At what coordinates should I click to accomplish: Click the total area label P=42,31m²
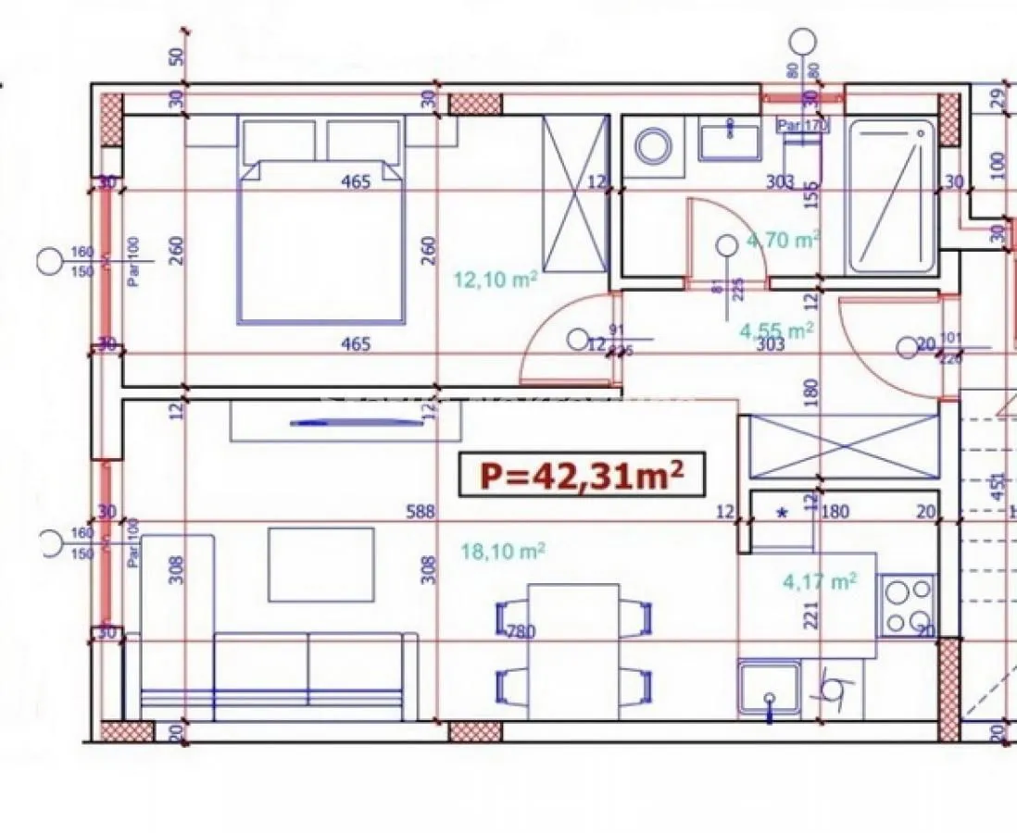pyautogui.click(x=582, y=476)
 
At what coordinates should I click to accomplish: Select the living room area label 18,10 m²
pyautogui.click(x=503, y=552)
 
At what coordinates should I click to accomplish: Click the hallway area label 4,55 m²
pyautogui.click(x=776, y=329)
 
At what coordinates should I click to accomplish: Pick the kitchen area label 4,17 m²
pyautogui.click(x=819, y=581)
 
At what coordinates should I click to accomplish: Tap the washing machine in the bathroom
pyautogui.click(x=655, y=145)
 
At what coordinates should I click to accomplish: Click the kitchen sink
pyautogui.click(x=769, y=690)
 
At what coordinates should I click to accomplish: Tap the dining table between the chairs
pyautogui.click(x=572, y=652)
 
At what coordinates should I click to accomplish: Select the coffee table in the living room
pyautogui.click(x=321, y=564)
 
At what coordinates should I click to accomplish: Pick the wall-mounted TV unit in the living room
pyautogui.click(x=346, y=423)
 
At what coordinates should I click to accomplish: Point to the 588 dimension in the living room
pyautogui.click(x=420, y=512)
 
